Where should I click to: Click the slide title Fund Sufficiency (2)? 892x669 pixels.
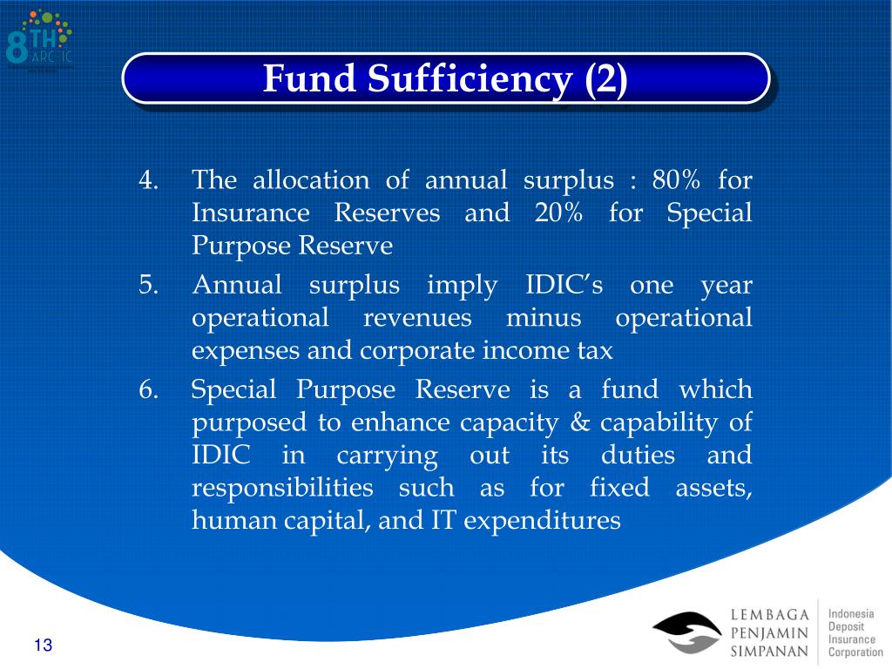[x=445, y=79]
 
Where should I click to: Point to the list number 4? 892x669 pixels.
[x=147, y=181]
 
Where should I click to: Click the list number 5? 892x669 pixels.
[x=147, y=286]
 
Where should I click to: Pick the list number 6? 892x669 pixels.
[x=147, y=390]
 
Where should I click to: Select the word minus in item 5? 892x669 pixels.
[x=544, y=318]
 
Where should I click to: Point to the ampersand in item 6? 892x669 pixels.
[x=581, y=422]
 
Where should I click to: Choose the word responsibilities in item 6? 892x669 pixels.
[x=282, y=488]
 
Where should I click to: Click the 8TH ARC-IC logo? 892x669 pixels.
[x=39, y=39]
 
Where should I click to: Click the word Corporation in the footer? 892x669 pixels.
[x=855, y=652]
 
